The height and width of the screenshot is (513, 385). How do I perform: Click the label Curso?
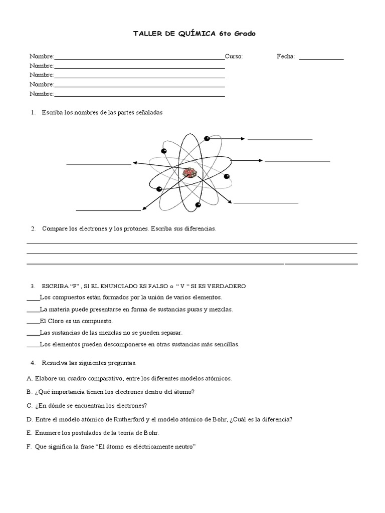pos(234,57)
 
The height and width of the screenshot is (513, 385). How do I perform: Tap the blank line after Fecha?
pos(321,58)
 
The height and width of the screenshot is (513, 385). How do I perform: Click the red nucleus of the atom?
pos(190,173)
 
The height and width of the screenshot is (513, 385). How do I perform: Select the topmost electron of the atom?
pos(207,138)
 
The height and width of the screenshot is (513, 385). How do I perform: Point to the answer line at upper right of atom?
pos(280,138)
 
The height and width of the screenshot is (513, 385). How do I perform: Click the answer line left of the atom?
pos(98,163)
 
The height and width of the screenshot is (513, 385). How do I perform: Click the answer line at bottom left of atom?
pos(108,210)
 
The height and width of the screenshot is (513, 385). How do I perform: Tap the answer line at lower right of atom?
pos(266,203)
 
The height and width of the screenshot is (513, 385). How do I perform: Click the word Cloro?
pos(55,321)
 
